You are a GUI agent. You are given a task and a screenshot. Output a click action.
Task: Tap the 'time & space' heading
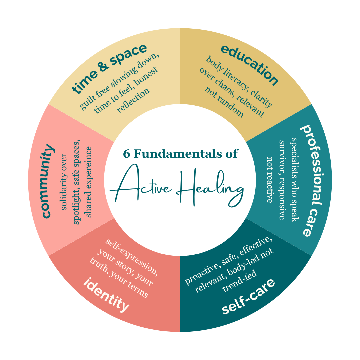click(x=109, y=68)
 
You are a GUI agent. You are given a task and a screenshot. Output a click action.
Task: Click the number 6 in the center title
click(x=126, y=154)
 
